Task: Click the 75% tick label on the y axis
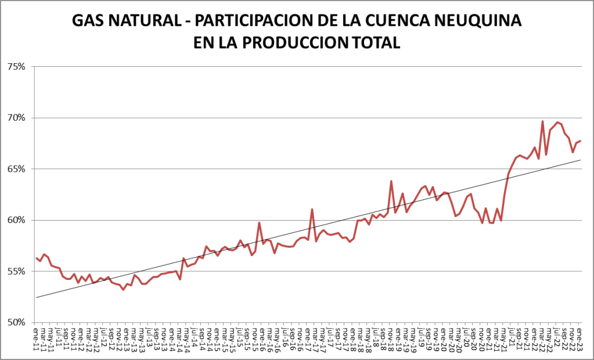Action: click(x=16, y=67)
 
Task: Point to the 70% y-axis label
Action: click(x=16, y=118)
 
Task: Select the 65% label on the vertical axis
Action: click(x=16, y=169)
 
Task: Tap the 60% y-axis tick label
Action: click(x=16, y=220)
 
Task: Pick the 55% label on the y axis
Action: click(x=16, y=271)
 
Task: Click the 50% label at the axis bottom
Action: click(x=16, y=322)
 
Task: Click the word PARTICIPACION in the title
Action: click(x=249, y=21)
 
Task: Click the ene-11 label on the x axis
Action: click(x=36, y=337)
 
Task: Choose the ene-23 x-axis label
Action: click(x=579, y=337)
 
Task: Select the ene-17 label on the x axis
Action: click(x=308, y=337)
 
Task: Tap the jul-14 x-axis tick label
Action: click(x=195, y=337)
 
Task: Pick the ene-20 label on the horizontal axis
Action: click(x=444, y=337)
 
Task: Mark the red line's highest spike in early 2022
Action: click(x=542, y=121)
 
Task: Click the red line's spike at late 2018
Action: click(x=391, y=181)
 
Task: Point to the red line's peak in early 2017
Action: click(x=312, y=209)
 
